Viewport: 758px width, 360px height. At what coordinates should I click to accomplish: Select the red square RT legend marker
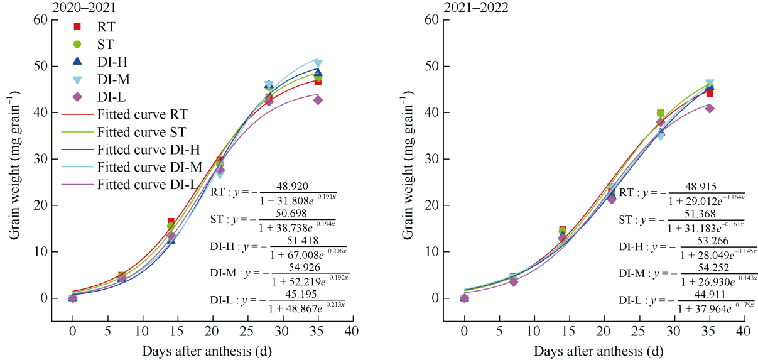[x=77, y=26]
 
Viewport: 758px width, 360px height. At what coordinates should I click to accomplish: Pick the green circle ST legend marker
[x=77, y=44]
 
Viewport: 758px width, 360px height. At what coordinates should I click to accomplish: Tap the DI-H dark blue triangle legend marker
[x=77, y=62]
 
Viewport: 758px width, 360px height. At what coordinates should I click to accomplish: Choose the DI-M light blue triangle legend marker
[x=77, y=80]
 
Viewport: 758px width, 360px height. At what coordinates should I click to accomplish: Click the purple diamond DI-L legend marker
[x=77, y=97]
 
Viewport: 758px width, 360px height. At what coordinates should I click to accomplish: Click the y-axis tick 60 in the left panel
[x=40, y=19]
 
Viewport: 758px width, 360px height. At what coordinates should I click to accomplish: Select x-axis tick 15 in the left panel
[x=177, y=331]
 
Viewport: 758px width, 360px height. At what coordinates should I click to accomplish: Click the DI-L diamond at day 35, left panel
[x=318, y=100]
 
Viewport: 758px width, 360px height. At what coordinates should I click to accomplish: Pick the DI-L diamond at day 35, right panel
[x=710, y=108]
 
